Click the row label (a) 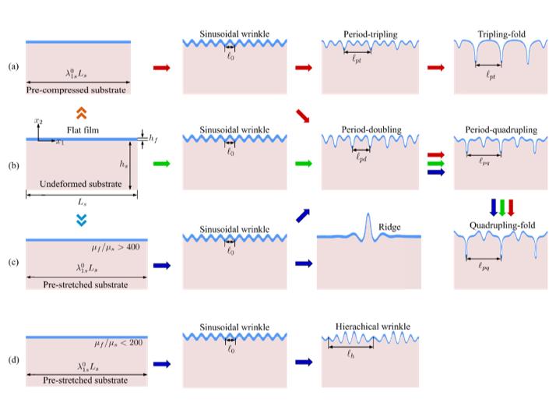(x=13, y=66)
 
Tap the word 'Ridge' (x=389, y=228)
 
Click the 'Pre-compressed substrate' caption (x=77, y=90)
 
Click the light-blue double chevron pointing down (x=81, y=221)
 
